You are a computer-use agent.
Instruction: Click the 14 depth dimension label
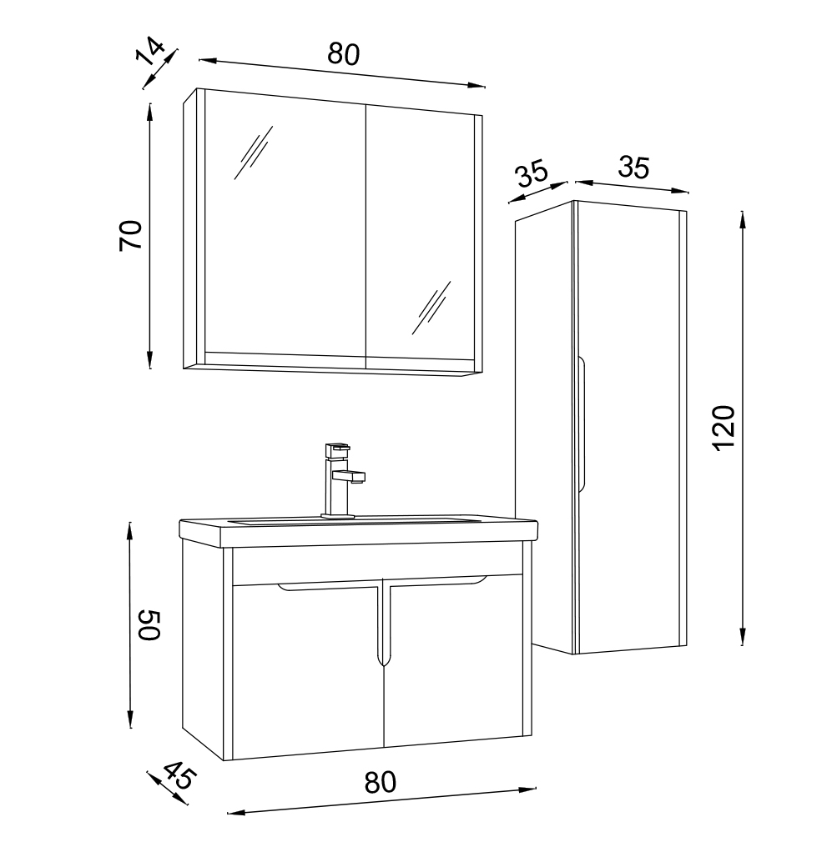click(x=149, y=50)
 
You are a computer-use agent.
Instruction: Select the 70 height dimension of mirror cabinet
click(x=130, y=235)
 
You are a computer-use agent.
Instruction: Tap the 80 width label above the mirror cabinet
click(x=343, y=53)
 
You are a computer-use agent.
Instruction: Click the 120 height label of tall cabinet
click(x=724, y=429)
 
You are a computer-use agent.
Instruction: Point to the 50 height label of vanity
click(x=149, y=625)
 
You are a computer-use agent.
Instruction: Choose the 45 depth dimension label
click(x=178, y=775)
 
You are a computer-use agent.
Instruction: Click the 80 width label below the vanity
click(x=380, y=782)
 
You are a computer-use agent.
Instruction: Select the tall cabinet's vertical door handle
click(x=582, y=424)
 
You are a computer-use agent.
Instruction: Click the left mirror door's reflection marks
click(x=253, y=153)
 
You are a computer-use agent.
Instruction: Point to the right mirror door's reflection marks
click(x=431, y=308)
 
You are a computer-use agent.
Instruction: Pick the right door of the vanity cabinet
click(x=453, y=659)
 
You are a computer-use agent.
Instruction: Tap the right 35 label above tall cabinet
click(x=633, y=168)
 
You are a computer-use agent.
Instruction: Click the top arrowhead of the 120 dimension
click(x=743, y=219)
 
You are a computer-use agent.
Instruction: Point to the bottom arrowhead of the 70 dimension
click(x=149, y=360)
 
